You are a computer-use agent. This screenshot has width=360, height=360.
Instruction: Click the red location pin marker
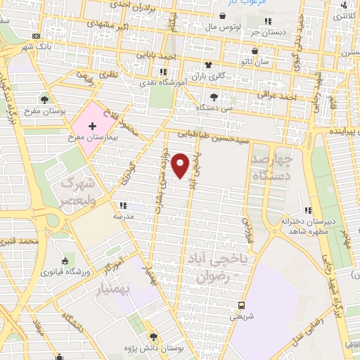[x=181, y=165]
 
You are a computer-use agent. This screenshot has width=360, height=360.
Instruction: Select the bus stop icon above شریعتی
[x=241, y=305]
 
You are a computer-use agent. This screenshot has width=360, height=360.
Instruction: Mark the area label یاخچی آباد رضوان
[x=216, y=268]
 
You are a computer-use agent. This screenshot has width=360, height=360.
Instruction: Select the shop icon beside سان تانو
[x=255, y=51]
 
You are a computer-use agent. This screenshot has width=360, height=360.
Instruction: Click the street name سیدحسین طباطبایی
[x=212, y=134]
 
